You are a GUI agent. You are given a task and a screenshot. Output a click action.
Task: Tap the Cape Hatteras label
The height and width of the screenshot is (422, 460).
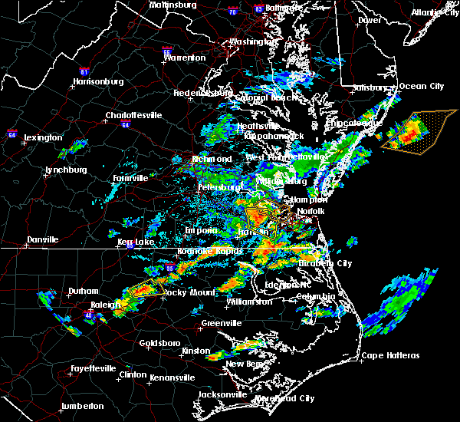[x=391, y=355]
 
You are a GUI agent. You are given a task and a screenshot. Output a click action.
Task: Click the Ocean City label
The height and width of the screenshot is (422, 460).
[x=421, y=86]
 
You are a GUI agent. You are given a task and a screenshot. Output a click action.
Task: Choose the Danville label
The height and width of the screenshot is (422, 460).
[x=42, y=240]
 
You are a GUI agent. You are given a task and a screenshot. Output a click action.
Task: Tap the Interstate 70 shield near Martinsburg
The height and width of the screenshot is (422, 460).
[x=229, y=10]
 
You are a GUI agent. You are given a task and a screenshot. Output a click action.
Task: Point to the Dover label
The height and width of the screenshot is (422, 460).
[x=370, y=20]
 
